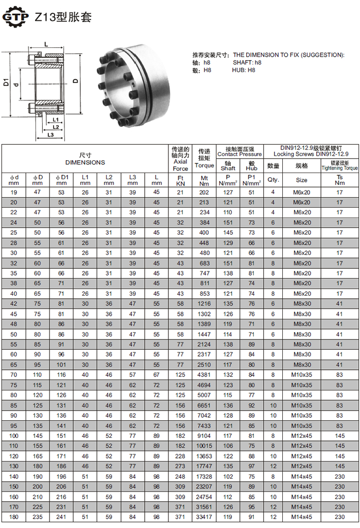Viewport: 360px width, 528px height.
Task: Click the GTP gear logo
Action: point(15,16)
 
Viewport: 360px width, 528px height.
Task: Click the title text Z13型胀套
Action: point(63,17)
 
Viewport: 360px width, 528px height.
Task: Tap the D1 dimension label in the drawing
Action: point(6,82)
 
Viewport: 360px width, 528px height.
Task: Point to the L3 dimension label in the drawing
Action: point(50,134)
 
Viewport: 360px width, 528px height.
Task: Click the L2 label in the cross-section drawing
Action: point(56,127)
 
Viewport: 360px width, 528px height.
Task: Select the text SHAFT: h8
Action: point(247,63)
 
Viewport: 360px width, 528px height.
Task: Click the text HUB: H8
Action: point(244,70)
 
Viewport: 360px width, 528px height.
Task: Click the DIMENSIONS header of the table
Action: point(85,162)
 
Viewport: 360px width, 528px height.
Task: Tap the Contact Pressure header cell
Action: point(239,154)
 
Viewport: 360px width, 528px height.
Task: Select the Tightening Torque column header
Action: point(339,168)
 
